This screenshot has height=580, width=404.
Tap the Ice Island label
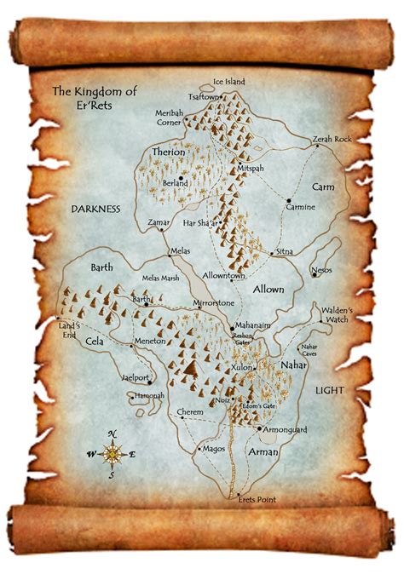pos(228,82)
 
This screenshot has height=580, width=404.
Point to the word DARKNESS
pos(96,208)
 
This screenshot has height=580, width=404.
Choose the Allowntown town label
pos(224,277)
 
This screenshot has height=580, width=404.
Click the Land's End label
pos(68,329)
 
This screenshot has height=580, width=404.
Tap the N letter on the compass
pos(112,434)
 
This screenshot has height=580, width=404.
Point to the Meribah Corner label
pos(175,118)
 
